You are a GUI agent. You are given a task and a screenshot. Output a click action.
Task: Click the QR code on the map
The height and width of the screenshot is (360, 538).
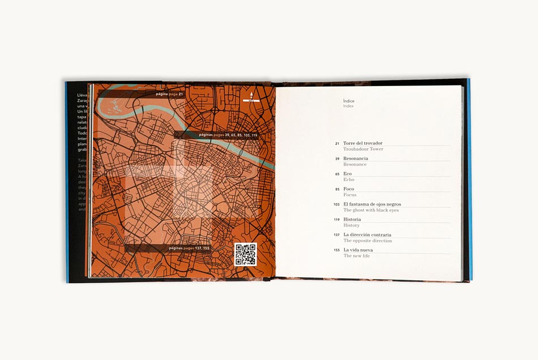(x=245, y=254)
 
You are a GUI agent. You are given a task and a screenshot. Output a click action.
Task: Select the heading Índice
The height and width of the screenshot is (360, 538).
(x=349, y=101)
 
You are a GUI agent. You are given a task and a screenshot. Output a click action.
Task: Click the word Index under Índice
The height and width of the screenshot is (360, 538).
(x=348, y=106)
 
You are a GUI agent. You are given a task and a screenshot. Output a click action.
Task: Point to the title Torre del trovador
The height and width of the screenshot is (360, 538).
(x=363, y=143)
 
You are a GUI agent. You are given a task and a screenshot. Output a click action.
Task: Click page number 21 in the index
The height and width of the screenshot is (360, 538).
(x=337, y=144)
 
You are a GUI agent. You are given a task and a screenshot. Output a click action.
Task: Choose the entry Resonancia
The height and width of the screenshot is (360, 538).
(x=356, y=158)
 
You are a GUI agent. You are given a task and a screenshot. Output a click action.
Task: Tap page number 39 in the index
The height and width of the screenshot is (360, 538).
(x=337, y=159)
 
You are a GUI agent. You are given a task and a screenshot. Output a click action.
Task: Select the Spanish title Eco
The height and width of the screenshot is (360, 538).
(x=347, y=174)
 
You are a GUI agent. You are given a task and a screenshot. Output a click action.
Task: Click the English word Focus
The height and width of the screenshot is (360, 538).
(x=350, y=195)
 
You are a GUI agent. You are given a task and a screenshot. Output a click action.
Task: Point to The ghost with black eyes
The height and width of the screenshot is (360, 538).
(x=371, y=210)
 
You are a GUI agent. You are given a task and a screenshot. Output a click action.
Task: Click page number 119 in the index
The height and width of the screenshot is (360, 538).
(x=336, y=220)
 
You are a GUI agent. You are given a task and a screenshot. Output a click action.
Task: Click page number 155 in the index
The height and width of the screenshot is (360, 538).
(x=336, y=250)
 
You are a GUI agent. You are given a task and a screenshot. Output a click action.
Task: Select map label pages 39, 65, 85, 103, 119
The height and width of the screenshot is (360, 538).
(x=228, y=135)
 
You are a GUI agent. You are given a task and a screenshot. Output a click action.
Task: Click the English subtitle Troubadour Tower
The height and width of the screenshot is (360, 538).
(x=363, y=149)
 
